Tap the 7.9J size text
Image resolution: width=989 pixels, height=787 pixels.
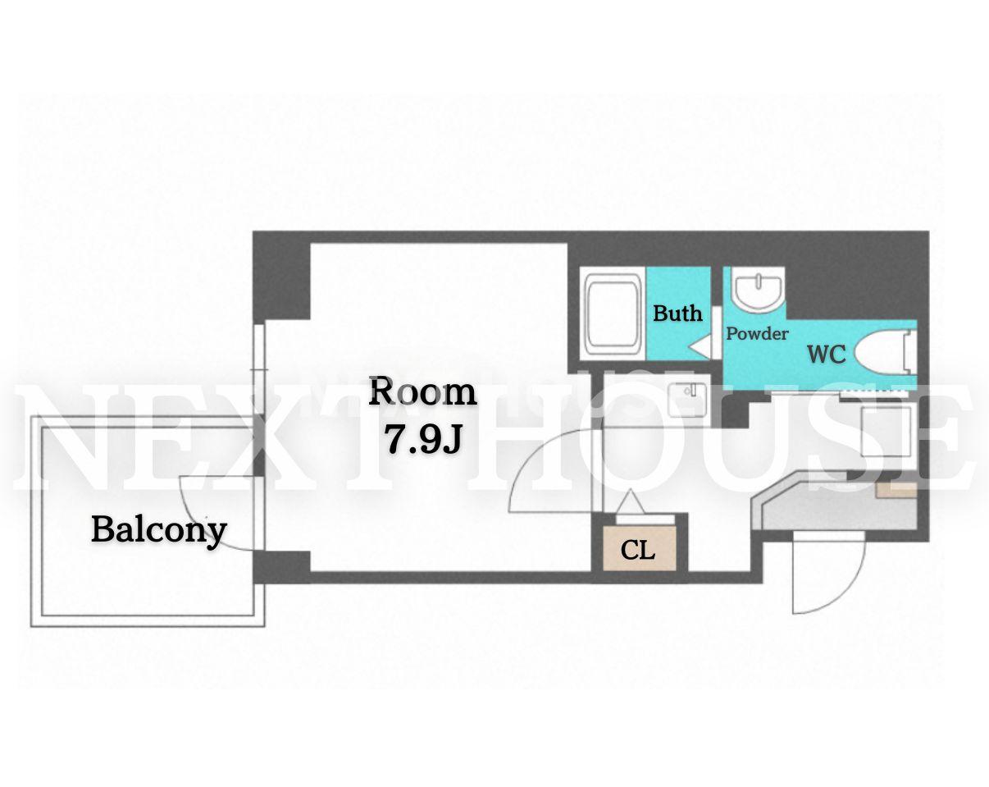[423, 440]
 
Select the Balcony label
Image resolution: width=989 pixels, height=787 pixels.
[159, 531]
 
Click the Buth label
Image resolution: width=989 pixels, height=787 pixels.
[677, 313]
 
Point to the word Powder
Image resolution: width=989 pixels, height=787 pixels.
[757, 333]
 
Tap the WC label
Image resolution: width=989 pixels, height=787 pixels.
[827, 355]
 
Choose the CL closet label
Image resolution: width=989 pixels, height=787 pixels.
[637, 550]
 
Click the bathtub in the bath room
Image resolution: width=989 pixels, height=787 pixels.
[613, 313]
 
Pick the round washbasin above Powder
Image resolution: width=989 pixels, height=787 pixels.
[759, 291]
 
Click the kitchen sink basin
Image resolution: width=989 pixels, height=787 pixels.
[686, 400]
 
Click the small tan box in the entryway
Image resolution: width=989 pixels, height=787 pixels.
[896, 490]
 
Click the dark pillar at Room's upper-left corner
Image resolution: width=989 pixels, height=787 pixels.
[282, 276]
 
